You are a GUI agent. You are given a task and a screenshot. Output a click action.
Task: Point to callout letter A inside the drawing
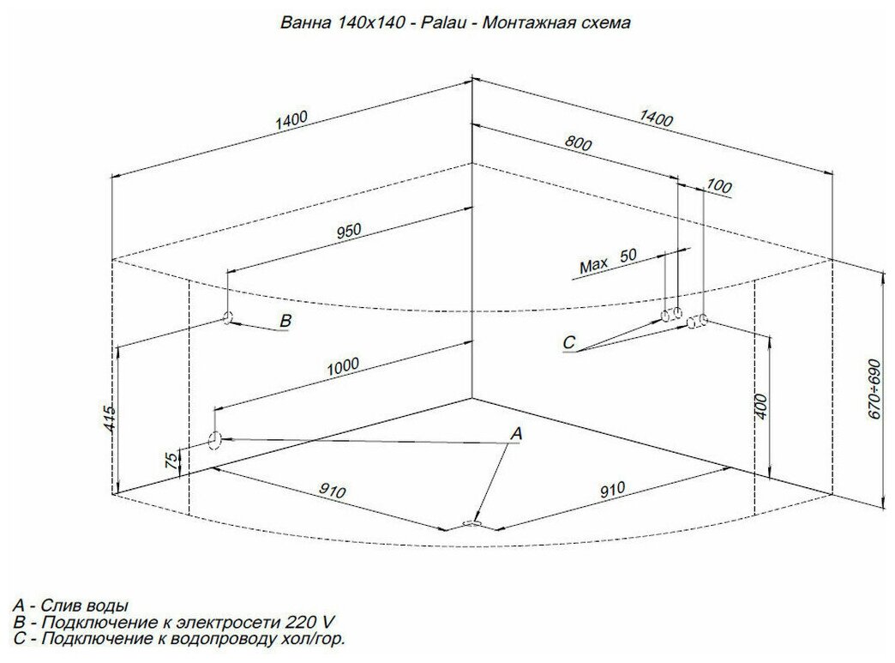pyautogui.click(x=516, y=435)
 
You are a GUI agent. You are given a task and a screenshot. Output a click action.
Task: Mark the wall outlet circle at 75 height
pyautogui.click(x=214, y=441)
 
